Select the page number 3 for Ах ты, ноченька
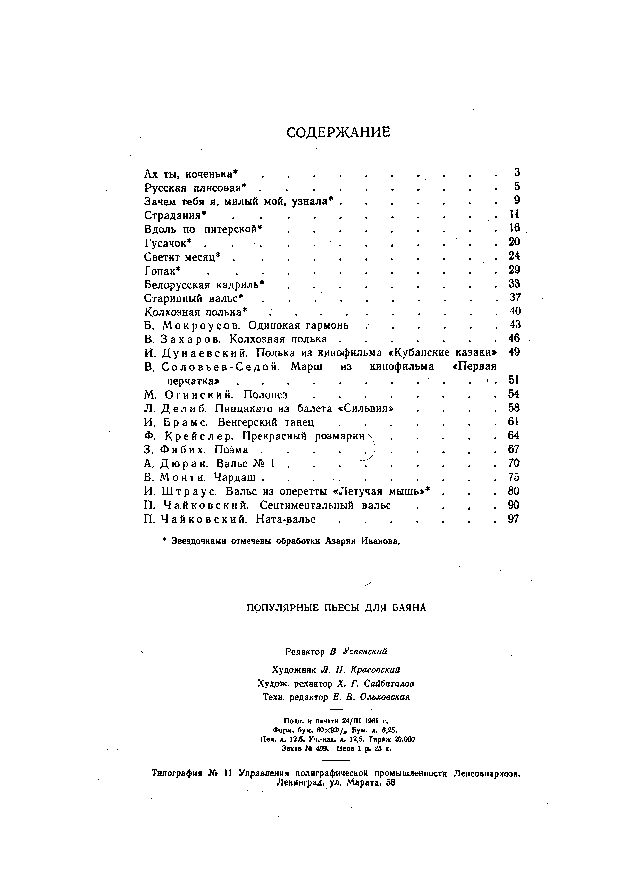point(516,172)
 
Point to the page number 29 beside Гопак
point(514,270)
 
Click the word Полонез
point(265,394)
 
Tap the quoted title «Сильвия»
point(365,409)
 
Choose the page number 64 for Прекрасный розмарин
point(513,436)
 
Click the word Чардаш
point(235,477)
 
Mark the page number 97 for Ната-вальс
point(513,519)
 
